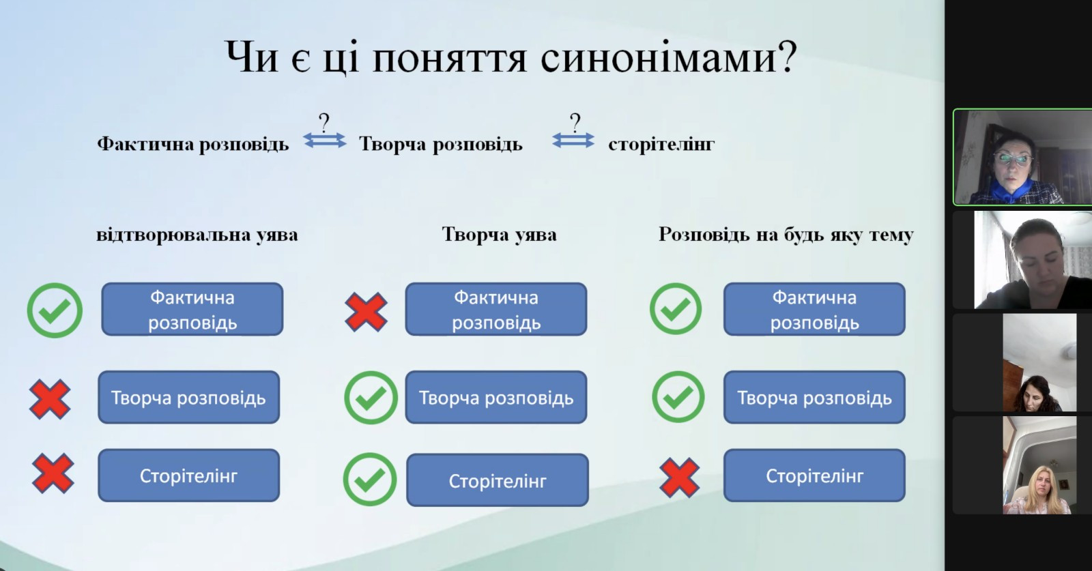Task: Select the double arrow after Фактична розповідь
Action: click(325, 141)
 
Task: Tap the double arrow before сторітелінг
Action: click(573, 141)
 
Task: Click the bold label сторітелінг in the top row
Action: click(661, 144)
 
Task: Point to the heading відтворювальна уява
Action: click(197, 235)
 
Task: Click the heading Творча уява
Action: click(499, 235)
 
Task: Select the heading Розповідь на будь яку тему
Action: click(786, 235)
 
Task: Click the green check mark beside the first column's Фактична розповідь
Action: click(55, 310)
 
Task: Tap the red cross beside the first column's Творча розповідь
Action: click(50, 399)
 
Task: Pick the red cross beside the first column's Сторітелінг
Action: click(53, 473)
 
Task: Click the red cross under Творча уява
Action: click(366, 312)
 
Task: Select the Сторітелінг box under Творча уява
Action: click(498, 480)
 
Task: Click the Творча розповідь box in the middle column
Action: click(496, 398)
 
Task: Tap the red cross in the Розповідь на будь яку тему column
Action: click(679, 478)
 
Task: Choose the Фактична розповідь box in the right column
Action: click(814, 309)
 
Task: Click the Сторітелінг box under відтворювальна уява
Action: click(188, 475)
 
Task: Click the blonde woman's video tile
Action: click(1039, 465)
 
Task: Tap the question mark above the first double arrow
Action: click(324, 121)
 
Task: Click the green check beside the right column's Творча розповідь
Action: click(678, 396)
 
